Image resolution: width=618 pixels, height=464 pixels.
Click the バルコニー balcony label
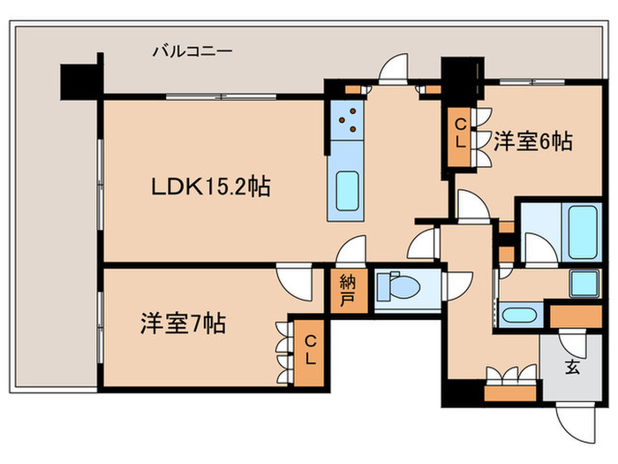(x=192, y=51)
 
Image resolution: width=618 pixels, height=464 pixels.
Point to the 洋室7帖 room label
(x=182, y=324)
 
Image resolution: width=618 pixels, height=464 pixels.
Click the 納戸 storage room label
(x=347, y=291)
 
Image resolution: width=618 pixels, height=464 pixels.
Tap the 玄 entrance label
(x=573, y=368)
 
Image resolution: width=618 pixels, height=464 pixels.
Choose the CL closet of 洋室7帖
(x=310, y=353)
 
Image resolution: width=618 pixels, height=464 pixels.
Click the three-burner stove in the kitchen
(x=345, y=120)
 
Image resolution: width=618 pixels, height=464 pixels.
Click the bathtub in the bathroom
(x=584, y=231)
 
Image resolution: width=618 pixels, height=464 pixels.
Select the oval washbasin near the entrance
(x=516, y=315)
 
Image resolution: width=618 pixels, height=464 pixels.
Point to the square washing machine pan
(x=582, y=283)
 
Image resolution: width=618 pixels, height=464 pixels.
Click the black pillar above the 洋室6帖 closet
(x=457, y=74)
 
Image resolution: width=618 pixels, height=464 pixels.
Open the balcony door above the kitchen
(x=391, y=71)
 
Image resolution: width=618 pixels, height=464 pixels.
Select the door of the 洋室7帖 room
(x=294, y=281)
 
